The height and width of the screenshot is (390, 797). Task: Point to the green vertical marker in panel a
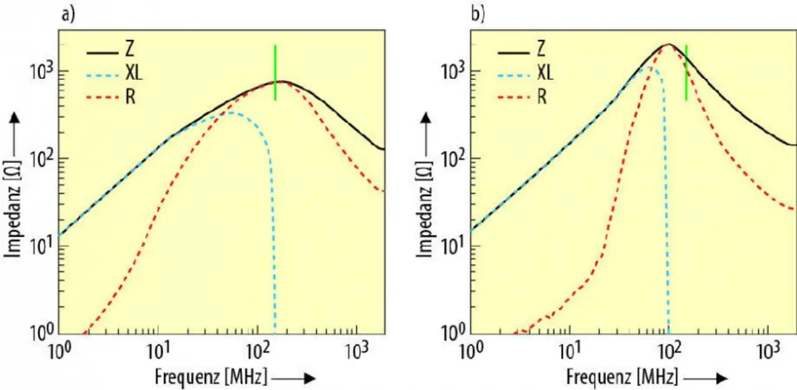275,72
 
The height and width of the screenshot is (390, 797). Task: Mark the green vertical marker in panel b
686,72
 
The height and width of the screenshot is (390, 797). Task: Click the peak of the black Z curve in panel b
669,44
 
